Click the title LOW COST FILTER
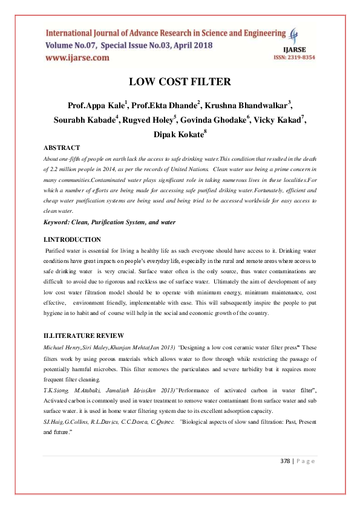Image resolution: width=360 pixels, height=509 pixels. click(x=180, y=82)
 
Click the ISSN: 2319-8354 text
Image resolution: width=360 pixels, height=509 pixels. click(x=296, y=57)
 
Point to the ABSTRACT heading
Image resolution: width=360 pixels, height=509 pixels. click(x=61, y=148)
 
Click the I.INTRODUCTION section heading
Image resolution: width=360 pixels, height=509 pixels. click(x=73, y=240)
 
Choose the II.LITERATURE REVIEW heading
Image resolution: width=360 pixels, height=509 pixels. click(x=84, y=336)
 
